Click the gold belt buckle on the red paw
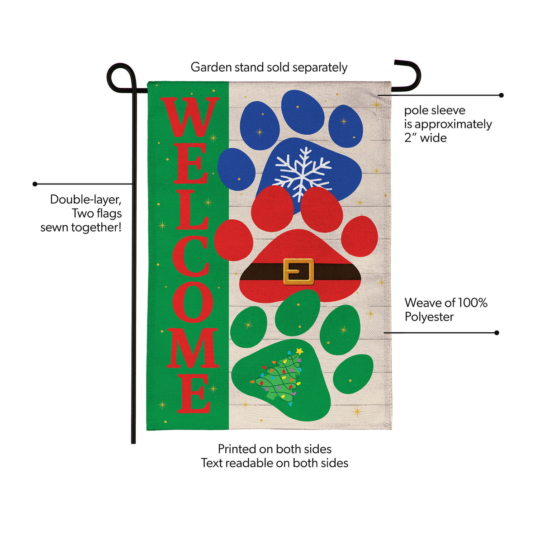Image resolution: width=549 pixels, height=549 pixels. tap(298, 271)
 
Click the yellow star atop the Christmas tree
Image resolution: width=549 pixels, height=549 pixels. tap(299, 351)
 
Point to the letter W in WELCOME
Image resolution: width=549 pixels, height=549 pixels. tap(189, 117)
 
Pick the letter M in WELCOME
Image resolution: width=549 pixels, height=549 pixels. tap(192, 348)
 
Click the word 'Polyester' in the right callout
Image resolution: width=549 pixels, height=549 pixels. tap(429, 317)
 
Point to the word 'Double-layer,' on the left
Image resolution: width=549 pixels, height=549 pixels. tap(86, 199)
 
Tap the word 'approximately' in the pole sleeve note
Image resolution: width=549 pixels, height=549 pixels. tap(453, 124)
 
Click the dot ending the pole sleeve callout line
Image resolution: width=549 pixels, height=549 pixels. tap(501, 95)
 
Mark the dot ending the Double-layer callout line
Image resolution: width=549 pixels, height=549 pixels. tap(35, 184)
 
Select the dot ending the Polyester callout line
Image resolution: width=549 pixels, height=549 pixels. tap(497, 333)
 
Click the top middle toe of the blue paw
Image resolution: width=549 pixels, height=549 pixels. tap(303, 112)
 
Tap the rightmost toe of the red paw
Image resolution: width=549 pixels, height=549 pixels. tap(360, 236)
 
